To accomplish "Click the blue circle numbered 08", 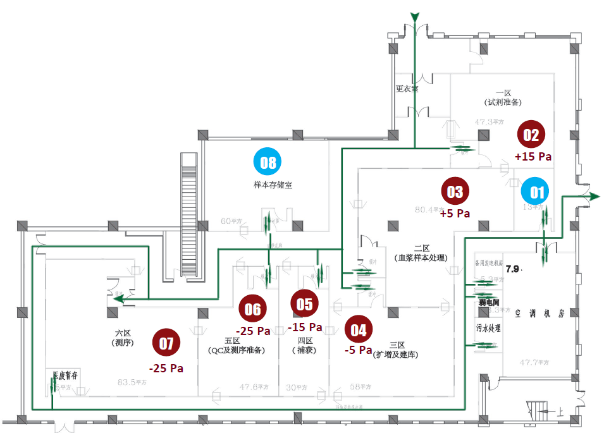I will [x=268, y=162].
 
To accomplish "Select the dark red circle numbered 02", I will [x=531, y=135].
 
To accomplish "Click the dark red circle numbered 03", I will [x=455, y=192].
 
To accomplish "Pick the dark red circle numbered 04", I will [x=359, y=329].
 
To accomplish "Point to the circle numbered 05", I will [x=304, y=305].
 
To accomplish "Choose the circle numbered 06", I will [x=252, y=309].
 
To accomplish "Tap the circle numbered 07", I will [x=166, y=343].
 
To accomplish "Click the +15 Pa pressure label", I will [x=533, y=156].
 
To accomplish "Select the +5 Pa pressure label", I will [x=455, y=214].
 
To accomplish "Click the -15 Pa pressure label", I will [x=305, y=327].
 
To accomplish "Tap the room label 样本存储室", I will [x=273, y=185].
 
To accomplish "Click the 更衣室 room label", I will [x=407, y=88].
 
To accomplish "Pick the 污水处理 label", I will [x=488, y=329].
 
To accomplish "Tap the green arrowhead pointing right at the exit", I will [x=594, y=197].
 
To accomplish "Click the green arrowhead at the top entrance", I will [x=415, y=16].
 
